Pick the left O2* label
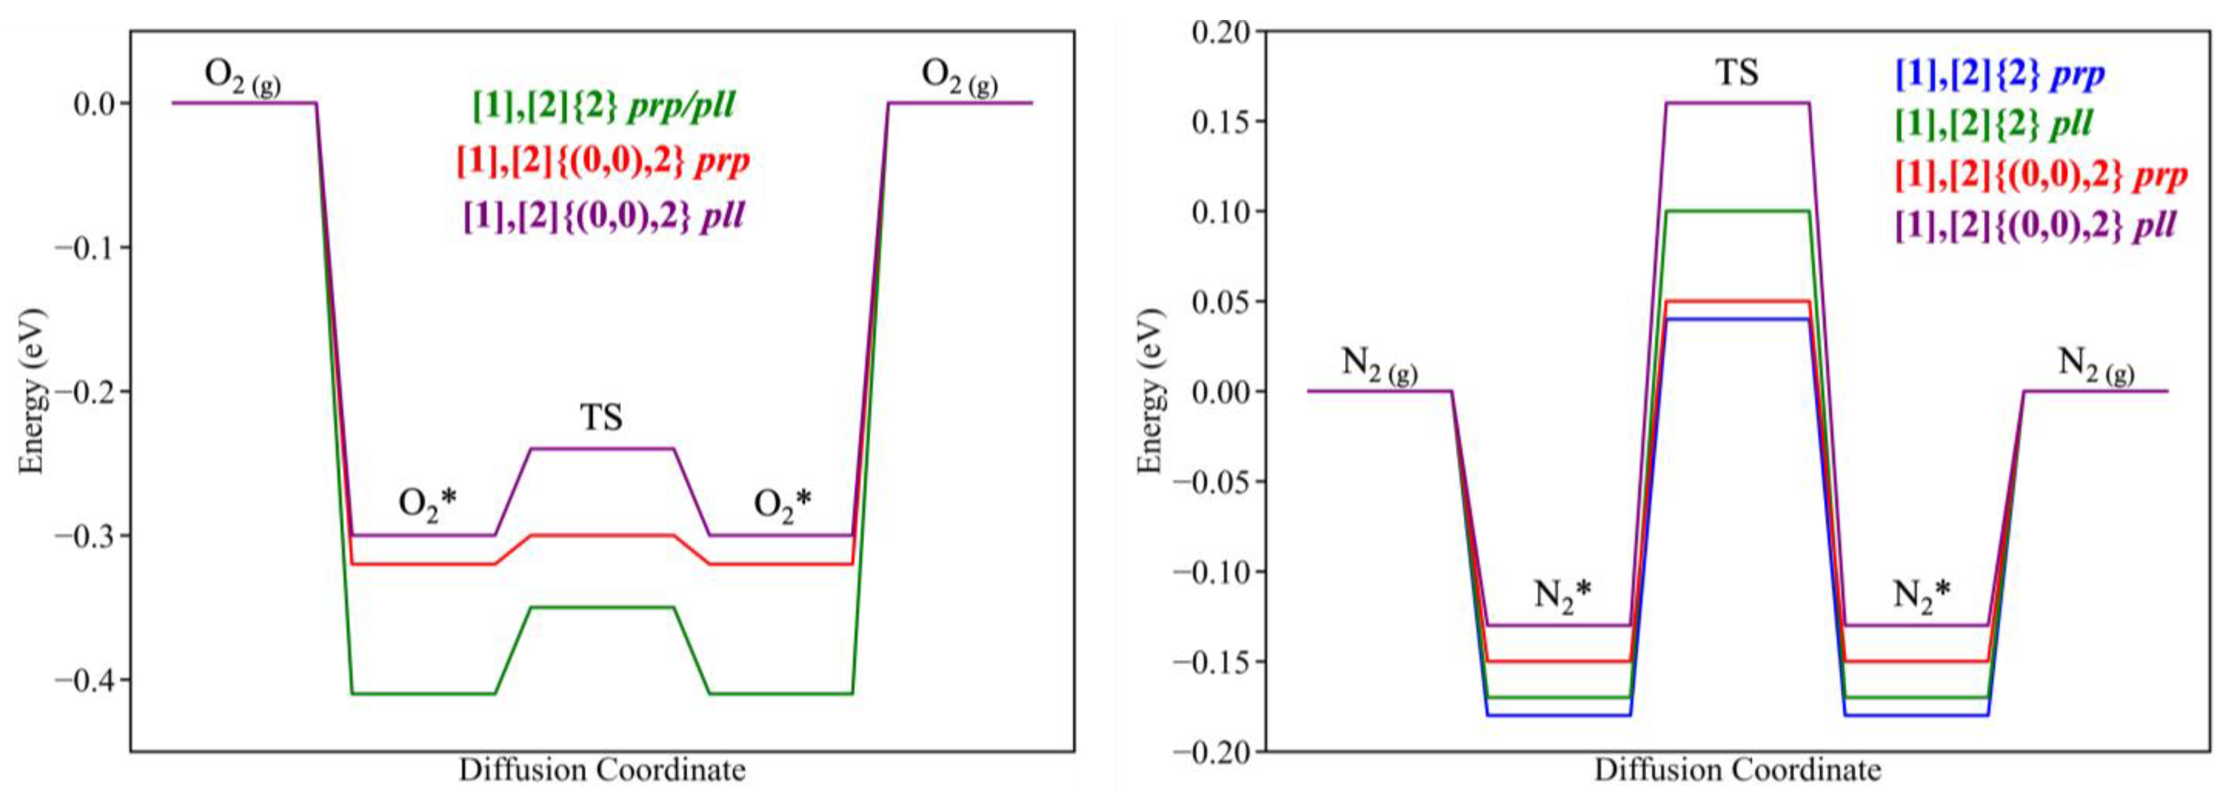[x=427, y=504]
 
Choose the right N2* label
[x=1921, y=596]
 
